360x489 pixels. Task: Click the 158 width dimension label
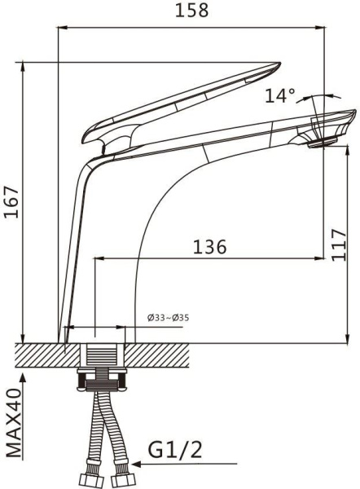(x=191, y=10)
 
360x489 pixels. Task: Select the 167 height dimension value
(x=11, y=202)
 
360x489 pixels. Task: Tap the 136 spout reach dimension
(x=210, y=247)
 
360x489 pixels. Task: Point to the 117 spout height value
(x=339, y=245)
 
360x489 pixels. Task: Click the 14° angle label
(x=280, y=95)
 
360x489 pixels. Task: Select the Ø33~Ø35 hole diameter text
(x=168, y=318)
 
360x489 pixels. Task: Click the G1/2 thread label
(x=175, y=450)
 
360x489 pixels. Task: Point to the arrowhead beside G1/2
(x=137, y=464)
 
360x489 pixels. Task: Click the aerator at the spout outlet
(x=323, y=143)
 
